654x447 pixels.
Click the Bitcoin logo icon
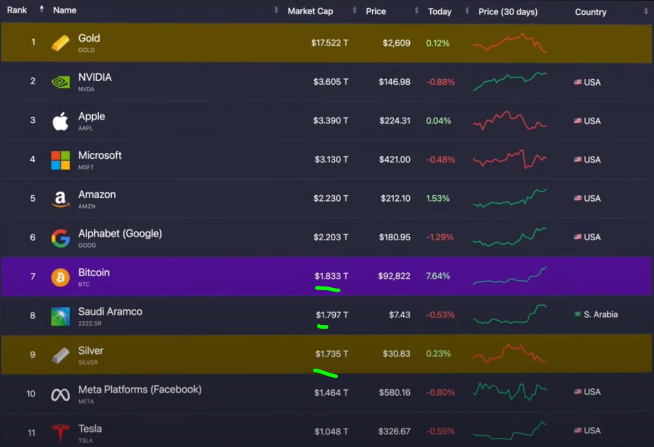pos(60,277)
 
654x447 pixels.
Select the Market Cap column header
pos(310,11)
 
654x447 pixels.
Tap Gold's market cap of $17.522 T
pos(329,43)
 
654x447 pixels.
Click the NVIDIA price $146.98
pos(395,82)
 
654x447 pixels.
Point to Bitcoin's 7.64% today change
pos(438,276)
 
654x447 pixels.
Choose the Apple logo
pos(60,121)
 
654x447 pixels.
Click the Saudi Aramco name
pos(110,312)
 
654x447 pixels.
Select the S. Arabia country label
pos(600,315)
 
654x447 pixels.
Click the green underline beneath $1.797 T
pos(323,327)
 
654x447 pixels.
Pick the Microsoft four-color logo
pos(60,160)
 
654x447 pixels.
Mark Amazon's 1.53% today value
pos(438,199)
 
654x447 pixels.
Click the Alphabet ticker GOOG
pos(87,246)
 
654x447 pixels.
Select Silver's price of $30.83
pos(395,354)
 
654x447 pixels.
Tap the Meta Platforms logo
pos(60,395)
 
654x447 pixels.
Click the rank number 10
pos(31,393)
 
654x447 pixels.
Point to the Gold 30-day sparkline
pos(510,43)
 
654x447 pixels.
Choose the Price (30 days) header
pos(508,11)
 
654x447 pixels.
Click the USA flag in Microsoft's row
pos(577,160)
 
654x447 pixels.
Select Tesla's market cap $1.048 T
pos(331,431)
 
